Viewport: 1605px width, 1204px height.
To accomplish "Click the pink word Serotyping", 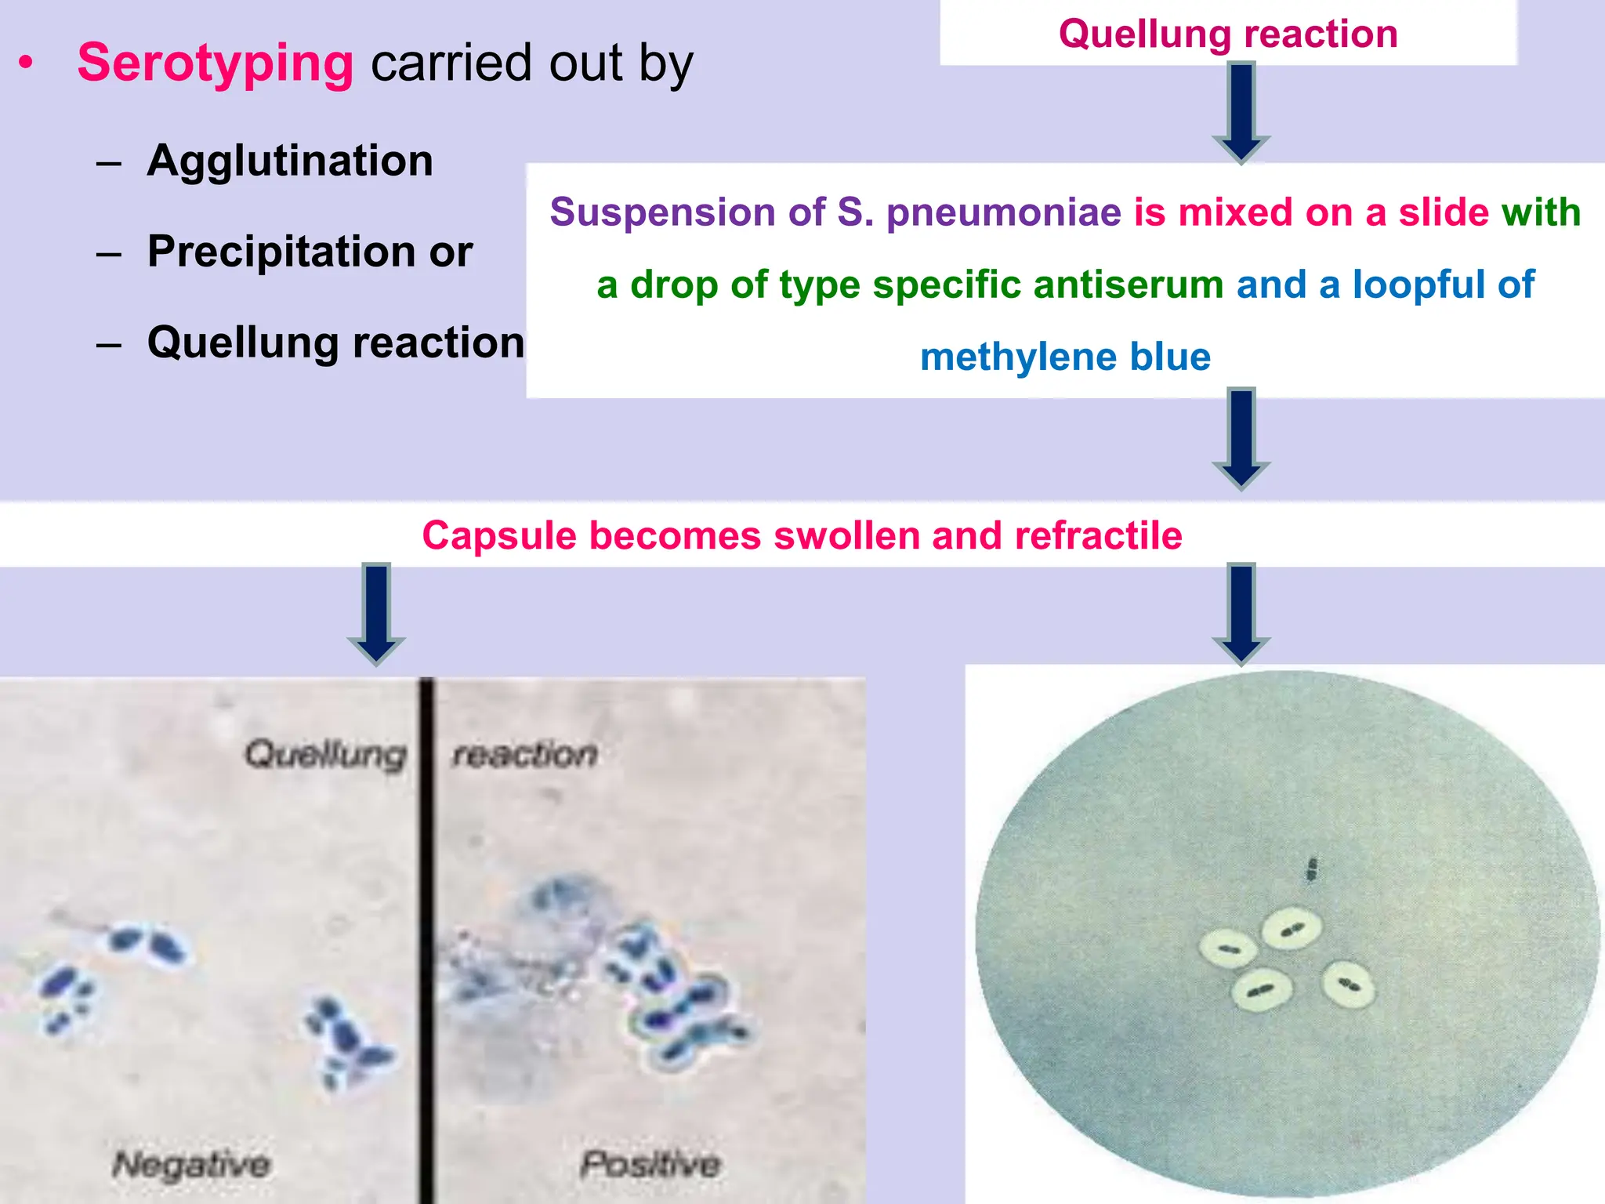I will coord(216,63).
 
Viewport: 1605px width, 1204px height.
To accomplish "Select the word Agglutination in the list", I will coord(290,161).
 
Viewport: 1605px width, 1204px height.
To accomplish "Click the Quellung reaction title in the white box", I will coord(1228,34).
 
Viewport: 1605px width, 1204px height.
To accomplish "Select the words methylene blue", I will coord(1065,357).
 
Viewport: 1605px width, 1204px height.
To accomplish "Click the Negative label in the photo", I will coord(192,1163).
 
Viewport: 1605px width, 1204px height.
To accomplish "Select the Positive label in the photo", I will coord(650,1163).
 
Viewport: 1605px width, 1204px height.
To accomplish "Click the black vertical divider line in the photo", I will coord(426,941).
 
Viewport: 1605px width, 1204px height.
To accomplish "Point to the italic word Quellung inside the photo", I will coord(325,754).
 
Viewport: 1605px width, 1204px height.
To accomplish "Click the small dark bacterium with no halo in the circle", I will coord(1311,869).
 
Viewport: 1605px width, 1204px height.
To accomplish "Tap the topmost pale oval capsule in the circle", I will coord(1292,930).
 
